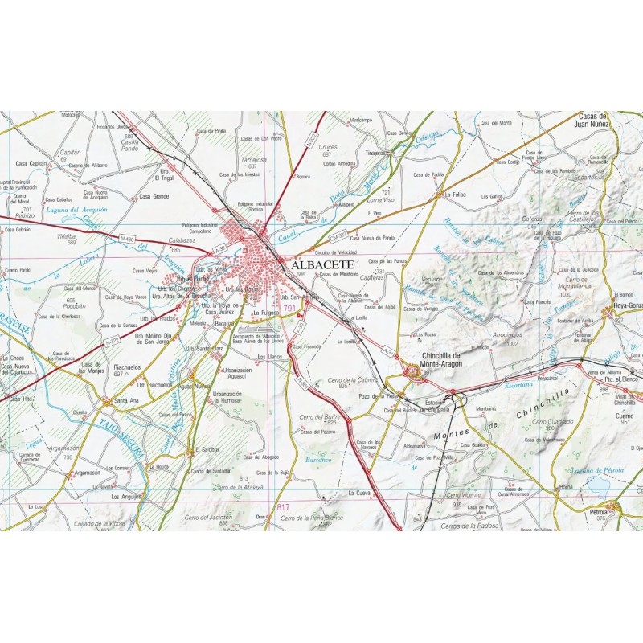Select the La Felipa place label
click(x=456, y=195)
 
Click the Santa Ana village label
click(x=127, y=400)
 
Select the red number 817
click(x=282, y=506)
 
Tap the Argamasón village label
click(x=87, y=473)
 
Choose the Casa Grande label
click(x=154, y=196)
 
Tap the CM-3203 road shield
click(x=338, y=235)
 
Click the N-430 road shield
click(x=126, y=239)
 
